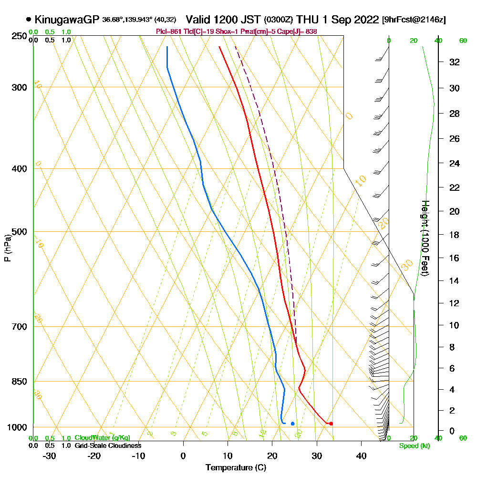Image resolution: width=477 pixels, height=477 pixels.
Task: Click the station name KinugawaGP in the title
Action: pos(67,20)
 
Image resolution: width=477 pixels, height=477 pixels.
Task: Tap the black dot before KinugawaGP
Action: pos(29,20)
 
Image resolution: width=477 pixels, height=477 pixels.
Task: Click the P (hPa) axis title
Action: pos(8,248)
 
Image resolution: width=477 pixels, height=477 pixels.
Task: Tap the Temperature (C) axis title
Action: pos(236,468)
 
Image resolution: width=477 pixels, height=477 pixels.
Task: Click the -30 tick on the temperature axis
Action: pos(49,456)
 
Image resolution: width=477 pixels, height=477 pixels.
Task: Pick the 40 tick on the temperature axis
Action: pos(361,456)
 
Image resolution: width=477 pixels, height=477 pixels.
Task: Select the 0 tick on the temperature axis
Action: pos(183,456)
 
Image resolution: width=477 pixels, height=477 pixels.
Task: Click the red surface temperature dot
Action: pos(331,423)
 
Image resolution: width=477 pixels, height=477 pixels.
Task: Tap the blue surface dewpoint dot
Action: pos(292,423)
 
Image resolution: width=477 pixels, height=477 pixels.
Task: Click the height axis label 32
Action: pos(455,62)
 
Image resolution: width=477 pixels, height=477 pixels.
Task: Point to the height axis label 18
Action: pos(455,235)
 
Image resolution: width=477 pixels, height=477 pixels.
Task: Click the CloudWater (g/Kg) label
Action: pos(102,438)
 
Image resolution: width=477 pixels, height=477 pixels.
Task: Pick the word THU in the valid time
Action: pos(308,20)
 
